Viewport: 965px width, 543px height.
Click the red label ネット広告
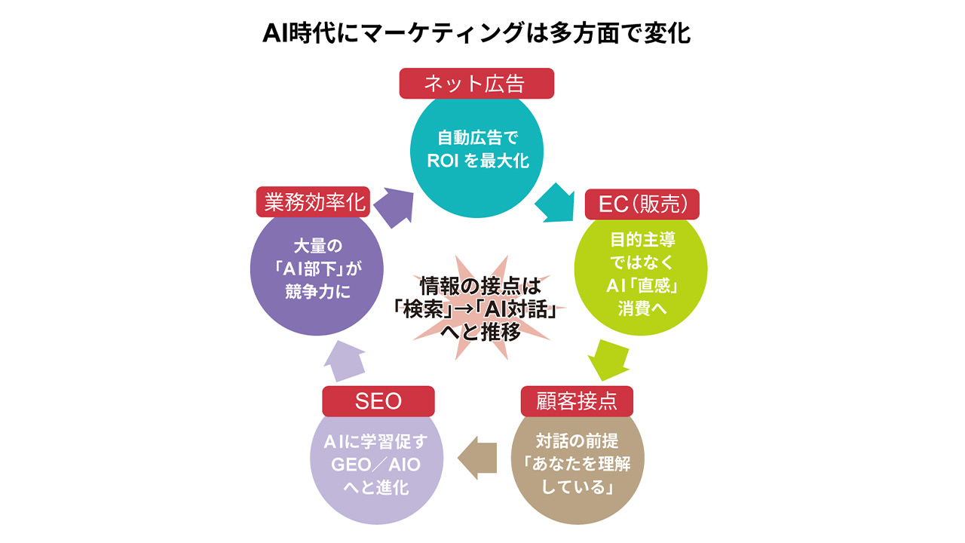tap(476, 83)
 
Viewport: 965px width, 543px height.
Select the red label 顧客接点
tap(577, 400)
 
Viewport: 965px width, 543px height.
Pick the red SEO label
tap(378, 400)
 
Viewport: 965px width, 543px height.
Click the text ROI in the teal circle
tap(444, 160)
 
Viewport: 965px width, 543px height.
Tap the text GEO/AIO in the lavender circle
tap(376, 465)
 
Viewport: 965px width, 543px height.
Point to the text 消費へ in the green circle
tap(641, 310)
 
